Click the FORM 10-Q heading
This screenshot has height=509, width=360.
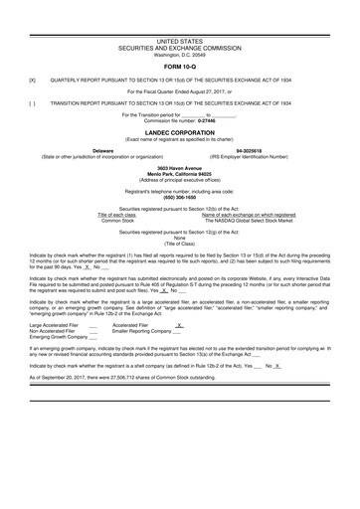[x=179, y=66]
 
